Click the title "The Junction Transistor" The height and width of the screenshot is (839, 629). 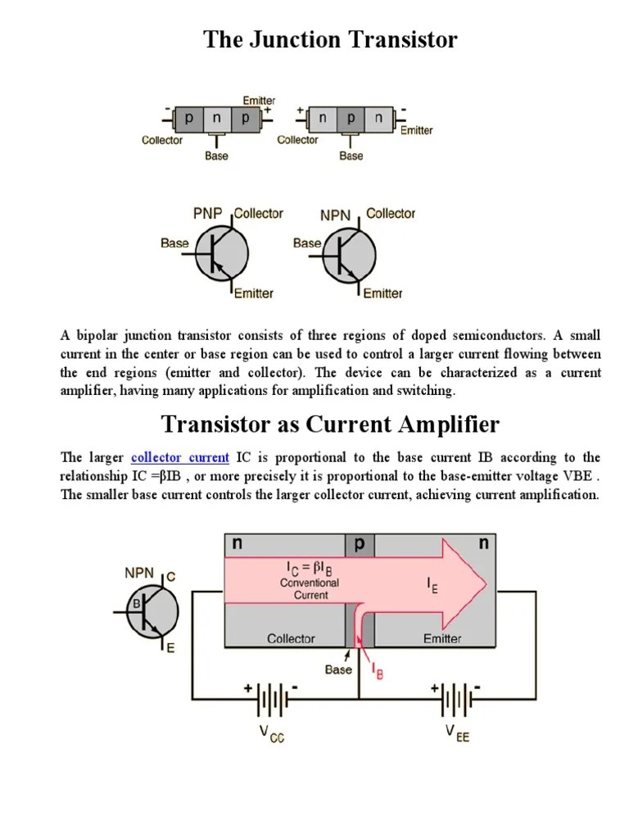[x=330, y=39]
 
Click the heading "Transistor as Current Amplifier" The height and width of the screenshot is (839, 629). [x=330, y=424]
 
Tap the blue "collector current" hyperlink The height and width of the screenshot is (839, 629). [x=179, y=457]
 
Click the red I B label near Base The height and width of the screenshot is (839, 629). [x=378, y=673]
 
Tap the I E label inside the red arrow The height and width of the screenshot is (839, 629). [x=432, y=585]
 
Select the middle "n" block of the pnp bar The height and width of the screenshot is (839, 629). [x=216, y=118]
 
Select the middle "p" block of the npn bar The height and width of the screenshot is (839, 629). [x=351, y=118]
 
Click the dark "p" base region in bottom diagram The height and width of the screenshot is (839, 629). [x=359, y=543]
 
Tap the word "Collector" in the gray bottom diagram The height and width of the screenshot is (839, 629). [x=291, y=638]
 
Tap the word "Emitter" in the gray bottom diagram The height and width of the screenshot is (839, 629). [x=441, y=638]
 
